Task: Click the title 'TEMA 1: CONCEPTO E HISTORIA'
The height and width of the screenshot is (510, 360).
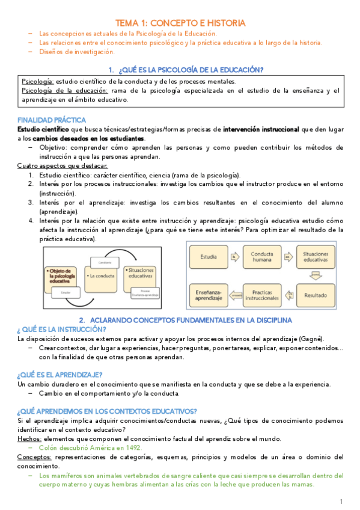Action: [180, 22]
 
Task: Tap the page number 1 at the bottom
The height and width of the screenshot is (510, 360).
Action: [341, 501]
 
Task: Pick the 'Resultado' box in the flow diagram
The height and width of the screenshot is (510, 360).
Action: [316, 296]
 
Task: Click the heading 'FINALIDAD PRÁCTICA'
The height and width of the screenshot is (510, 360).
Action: [52, 120]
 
